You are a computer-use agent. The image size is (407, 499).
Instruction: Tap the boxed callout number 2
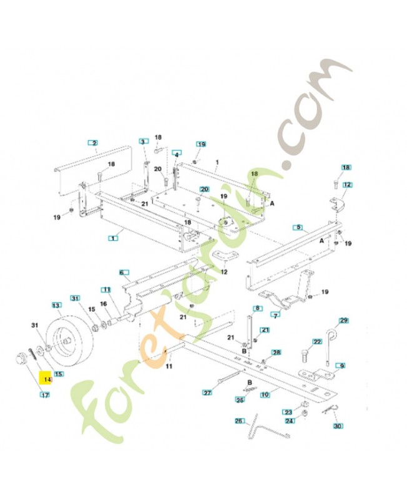[94, 143]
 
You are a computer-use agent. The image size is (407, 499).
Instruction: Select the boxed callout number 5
[298, 228]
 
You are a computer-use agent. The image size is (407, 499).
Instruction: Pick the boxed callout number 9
[341, 366]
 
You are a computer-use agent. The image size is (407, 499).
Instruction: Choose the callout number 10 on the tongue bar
[265, 394]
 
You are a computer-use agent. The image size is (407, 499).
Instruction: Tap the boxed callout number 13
[57, 306]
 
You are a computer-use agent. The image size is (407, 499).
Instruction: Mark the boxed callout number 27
[208, 393]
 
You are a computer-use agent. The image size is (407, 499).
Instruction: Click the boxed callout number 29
[343, 321]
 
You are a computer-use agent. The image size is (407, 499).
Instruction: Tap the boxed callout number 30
[339, 427]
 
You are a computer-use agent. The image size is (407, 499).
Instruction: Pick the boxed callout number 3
[143, 142]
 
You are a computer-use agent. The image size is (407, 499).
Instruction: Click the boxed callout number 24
[289, 421]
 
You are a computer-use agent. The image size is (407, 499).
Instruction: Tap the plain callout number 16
[104, 304]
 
